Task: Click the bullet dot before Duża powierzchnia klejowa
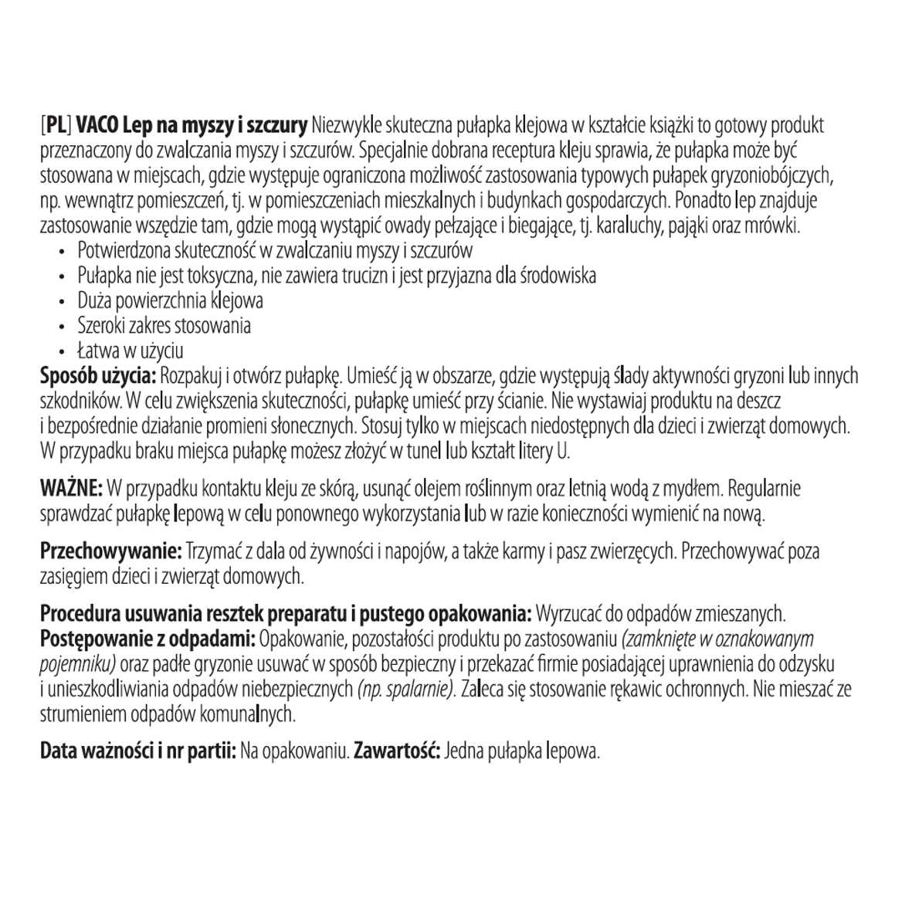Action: [63, 301]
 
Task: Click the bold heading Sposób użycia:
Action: [98, 376]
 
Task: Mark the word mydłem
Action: [693, 489]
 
